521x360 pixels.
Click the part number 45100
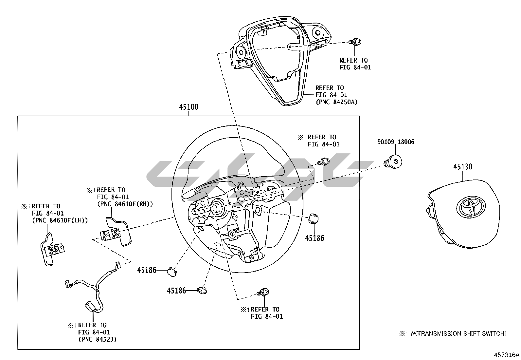point(189,107)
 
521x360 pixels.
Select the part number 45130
point(462,167)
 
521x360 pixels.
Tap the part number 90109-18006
point(396,142)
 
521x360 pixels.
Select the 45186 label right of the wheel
point(314,238)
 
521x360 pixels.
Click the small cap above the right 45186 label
point(313,218)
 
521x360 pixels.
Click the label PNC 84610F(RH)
point(125,204)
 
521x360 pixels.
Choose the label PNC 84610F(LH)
point(60,220)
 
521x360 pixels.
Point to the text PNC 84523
point(98,339)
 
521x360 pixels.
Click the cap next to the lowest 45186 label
point(202,290)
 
